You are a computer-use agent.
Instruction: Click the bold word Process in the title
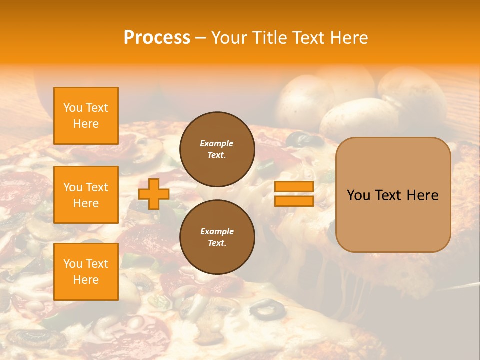157,38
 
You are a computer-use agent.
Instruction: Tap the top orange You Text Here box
86,116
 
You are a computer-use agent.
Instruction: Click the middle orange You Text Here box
86,195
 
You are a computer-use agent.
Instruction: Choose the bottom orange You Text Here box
86,271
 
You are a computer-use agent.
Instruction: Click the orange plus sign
154,194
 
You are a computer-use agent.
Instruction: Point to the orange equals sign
294,194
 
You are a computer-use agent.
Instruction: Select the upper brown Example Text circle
217,149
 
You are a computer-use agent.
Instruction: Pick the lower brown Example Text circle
217,237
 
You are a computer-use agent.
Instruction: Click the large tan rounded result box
393,195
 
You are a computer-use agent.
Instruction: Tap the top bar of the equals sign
294,187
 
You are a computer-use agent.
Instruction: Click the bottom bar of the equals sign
294,201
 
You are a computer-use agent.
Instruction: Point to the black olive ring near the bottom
267,310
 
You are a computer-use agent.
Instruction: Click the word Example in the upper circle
217,143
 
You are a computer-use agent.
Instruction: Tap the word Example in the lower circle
217,231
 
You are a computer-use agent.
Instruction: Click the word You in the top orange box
72,108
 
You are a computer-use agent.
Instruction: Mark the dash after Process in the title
200,38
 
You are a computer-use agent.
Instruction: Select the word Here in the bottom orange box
86,280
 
